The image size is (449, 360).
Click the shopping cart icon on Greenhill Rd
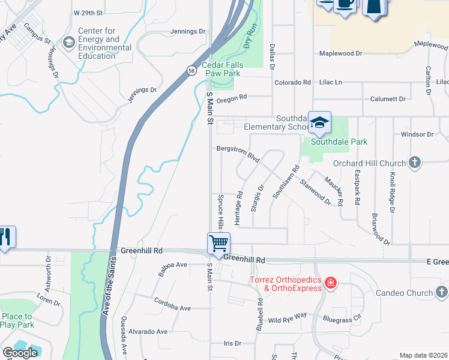pyautogui.click(x=218, y=243)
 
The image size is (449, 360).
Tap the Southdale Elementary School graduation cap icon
pyautogui.click(x=320, y=122)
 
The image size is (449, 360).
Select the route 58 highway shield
pyautogui.click(x=190, y=70)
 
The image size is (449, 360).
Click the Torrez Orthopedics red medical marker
pyautogui.click(x=330, y=282)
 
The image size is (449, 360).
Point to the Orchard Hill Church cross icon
pyautogui.click(x=414, y=162)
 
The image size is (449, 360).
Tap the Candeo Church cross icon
pyautogui.click(x=441, y=293)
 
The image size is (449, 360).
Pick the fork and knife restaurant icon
pyautogui.click(x=5, y=236)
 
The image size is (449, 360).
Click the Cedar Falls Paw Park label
pyautogui.click(x=221, y=69)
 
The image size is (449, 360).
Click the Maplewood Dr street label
pyautogui.click(x=342, y=53)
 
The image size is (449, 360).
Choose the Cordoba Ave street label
pyautogui.click(x=172, y=304)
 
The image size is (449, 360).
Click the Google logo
pyautogui.click(x=20, y=353)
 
